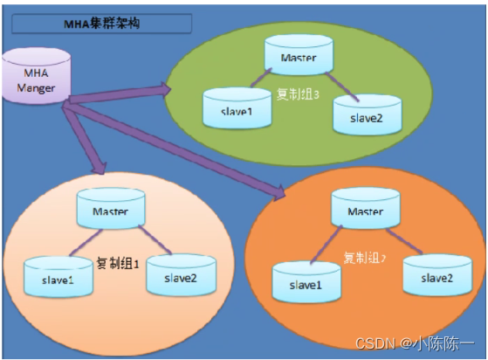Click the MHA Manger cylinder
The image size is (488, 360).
coord(37,76)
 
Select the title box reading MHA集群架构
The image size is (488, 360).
coord(102,24)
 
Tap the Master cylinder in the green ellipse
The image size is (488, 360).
coord(299,55)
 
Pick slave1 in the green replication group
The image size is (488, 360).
coord(237,108)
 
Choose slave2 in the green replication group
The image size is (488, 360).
coord(368,114)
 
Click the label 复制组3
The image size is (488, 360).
coord(298,94)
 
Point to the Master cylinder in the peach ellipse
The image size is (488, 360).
coord(111,208)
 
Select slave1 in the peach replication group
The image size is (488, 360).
coord(58,276)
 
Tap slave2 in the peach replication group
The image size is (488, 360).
coord(181,274)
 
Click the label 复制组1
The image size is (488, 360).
coord(118,264)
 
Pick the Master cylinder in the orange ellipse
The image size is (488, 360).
coord(366,208)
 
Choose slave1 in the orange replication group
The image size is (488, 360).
coord(306,282)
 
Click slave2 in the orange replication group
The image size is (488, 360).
coord(437,275)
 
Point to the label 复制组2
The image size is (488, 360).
coord(364,258)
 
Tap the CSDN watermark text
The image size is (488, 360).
coord(415,343)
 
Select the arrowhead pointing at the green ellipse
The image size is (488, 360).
coord(165,89)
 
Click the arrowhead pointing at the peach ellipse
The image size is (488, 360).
coord(100,168)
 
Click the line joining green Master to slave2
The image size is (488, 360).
coord(342,87)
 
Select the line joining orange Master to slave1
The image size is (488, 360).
coord(326,245)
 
